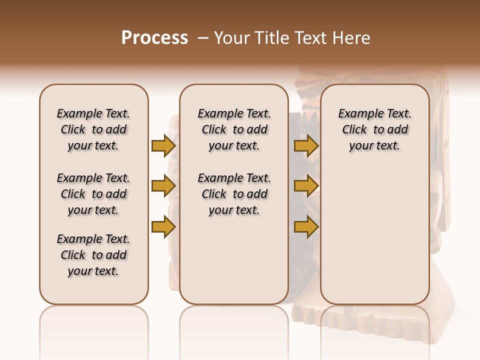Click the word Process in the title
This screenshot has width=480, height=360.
pos(154,38)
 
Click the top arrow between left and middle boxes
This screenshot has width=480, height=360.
pos(163,145)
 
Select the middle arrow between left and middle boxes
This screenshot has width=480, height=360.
pos(163,186)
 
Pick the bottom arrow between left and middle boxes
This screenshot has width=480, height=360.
pos(163,227)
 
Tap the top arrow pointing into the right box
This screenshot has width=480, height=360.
pos(306,145)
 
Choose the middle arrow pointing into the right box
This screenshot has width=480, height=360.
pos(306,186)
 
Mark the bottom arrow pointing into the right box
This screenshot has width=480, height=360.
pos(306,227)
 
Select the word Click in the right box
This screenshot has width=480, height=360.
pos(354,130)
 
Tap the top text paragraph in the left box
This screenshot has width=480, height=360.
pos(93,129)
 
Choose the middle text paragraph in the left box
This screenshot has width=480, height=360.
pos(93,194)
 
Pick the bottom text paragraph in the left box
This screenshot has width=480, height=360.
pos(93,255)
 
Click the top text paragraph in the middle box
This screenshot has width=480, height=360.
pos(234,129)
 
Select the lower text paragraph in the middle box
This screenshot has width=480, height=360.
pos(234,194)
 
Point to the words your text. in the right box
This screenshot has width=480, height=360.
pos(374,146)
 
